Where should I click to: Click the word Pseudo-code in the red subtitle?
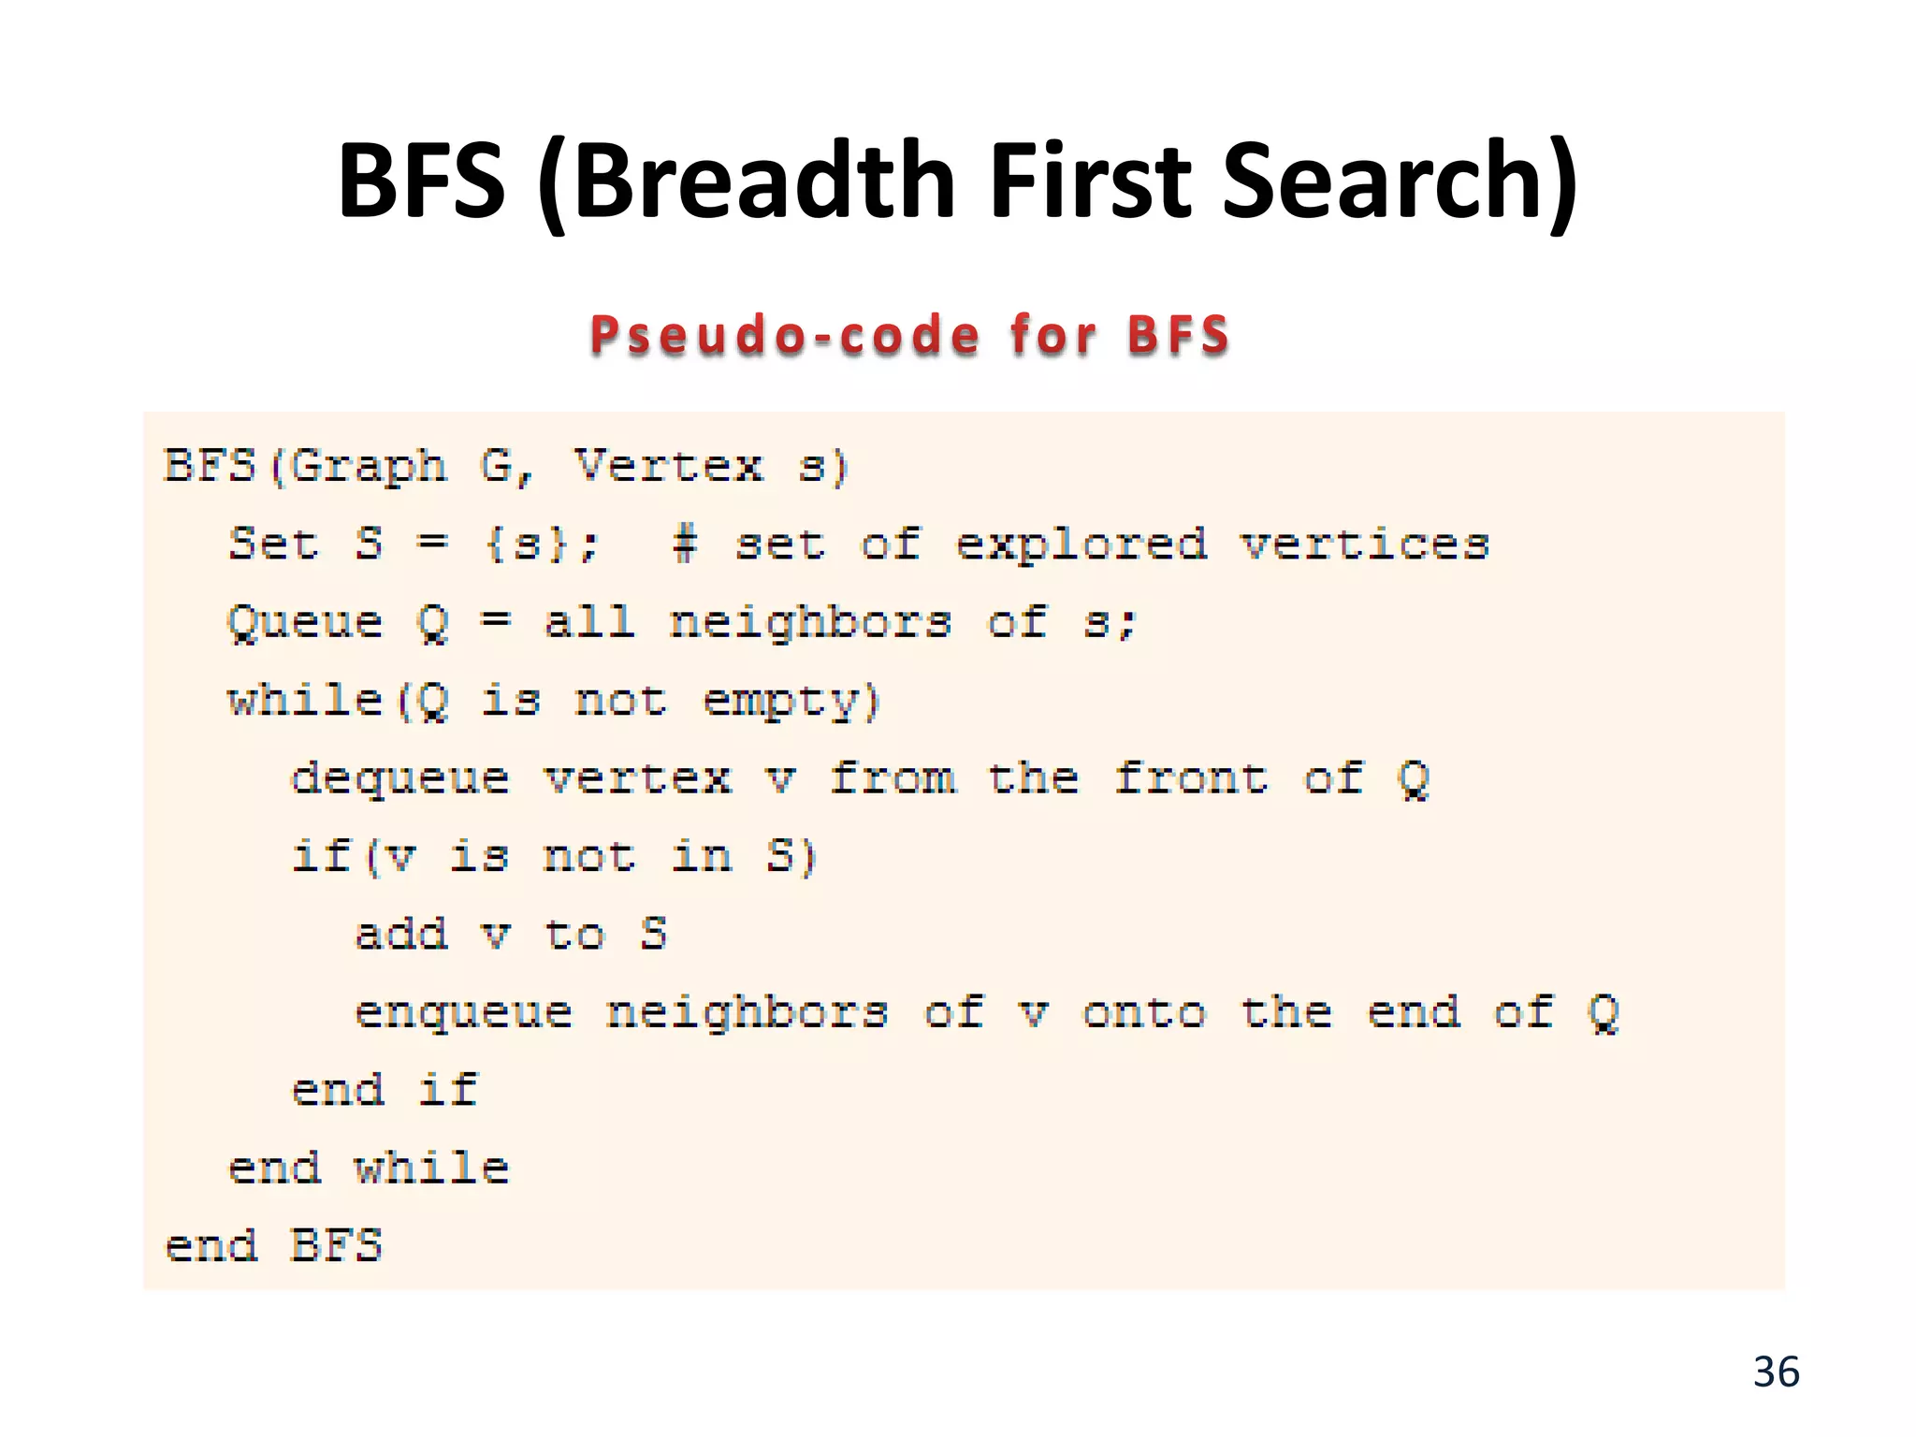click(786, 335)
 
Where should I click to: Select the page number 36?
click(1776, 1372)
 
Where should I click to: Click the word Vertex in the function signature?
click(669, 466)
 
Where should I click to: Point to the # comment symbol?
click(685, 544)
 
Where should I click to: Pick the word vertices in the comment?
click(1365, 544)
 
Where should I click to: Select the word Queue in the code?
click(306, 623)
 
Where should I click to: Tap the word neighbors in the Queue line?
click(811, 623)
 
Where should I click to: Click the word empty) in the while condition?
click(791, 702)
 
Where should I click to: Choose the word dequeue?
click(400, 779)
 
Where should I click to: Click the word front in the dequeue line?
click(1191, 777)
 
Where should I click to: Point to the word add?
click(401, 934)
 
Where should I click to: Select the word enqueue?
click(464, 1013)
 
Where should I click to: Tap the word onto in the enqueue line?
click(1144, 1012)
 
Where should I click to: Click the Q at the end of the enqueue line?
click(1604, 1012)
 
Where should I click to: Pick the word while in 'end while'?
click(431, 1168)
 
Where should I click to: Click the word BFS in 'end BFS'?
click(337, 1245)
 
